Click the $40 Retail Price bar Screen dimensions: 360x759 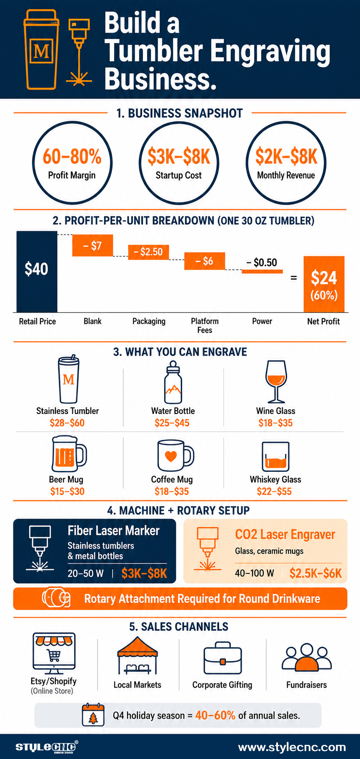37,271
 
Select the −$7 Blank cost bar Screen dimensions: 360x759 92,245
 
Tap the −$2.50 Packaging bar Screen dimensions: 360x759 148,252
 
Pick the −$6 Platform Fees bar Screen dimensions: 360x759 205,261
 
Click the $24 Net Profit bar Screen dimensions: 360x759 324,284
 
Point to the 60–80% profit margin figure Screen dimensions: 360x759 72,156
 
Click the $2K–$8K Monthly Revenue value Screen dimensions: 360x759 286,156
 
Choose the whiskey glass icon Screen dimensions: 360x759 275,457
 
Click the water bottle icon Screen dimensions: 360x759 173,382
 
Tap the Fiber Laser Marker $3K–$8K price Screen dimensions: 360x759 144,574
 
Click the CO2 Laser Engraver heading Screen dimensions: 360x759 285,534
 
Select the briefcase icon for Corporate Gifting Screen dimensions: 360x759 222,658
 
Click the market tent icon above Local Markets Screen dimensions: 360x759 137,655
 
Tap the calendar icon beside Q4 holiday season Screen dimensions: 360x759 93,714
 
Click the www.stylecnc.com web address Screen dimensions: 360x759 292,747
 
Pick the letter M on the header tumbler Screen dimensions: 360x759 41,51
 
